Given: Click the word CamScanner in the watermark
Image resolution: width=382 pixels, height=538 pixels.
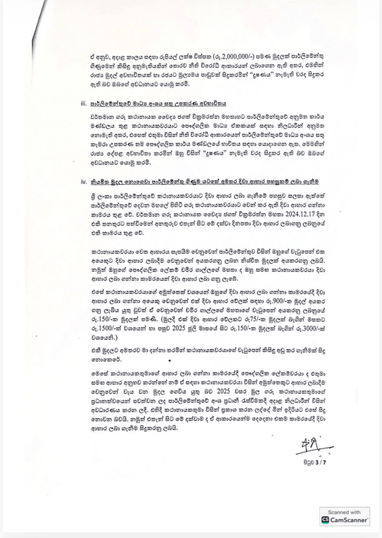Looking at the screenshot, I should point(349,520).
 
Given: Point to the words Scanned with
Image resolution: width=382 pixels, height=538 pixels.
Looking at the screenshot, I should point(345,512).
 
